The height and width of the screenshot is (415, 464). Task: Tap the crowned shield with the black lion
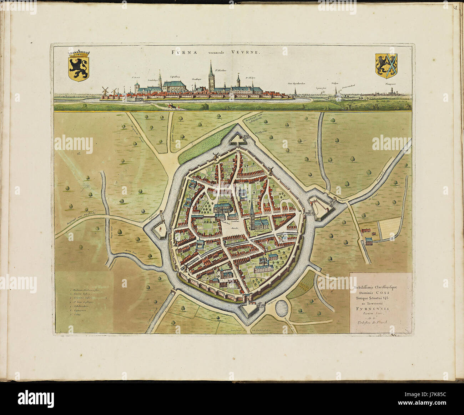click(x=79, y=65)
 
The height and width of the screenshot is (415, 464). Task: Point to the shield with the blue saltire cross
click(x=387, y=65)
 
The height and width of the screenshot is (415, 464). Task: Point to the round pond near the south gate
click(x=284, y=308)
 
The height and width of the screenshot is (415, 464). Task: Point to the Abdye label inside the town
click(x=255, y=264)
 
